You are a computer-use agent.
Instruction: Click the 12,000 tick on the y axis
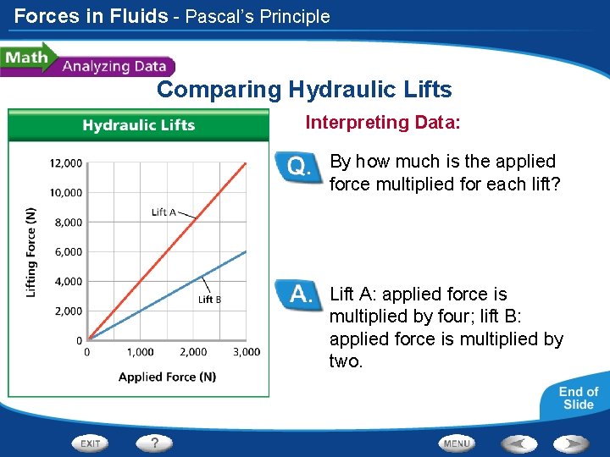(65, 162)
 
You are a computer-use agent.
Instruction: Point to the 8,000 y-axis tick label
(67, 223)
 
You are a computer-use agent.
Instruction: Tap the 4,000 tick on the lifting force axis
(67, 282)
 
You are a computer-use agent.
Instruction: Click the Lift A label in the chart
(164, 212)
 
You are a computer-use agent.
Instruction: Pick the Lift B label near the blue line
(209, 300)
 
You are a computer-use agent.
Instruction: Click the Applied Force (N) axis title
(167, 377)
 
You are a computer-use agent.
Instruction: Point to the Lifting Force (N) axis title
(31, 251)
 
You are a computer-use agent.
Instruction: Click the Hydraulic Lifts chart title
(139, 125)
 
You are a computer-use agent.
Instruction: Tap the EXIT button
(91, 443)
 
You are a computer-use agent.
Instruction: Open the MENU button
(457, 443)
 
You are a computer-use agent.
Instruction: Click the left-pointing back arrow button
(518, 443)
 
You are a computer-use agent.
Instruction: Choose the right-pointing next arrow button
(572, 443)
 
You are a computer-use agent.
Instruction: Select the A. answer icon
(299, 295)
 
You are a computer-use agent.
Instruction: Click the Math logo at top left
(25, 59)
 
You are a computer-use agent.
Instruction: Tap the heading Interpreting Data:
(383, 123)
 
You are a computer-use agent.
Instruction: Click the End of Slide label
(579, 398)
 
